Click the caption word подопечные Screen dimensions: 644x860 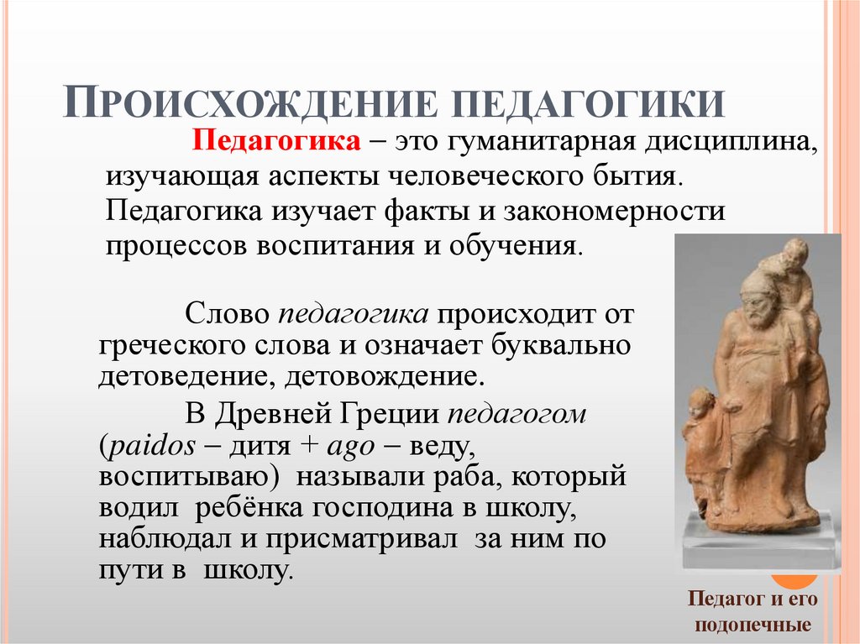pos(753,626)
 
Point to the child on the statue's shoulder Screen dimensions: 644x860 pos(794,269)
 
